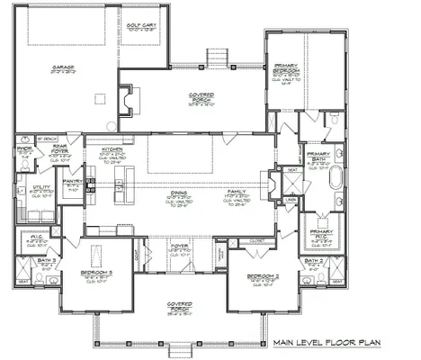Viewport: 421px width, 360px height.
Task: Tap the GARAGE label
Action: click(x=62, y=66)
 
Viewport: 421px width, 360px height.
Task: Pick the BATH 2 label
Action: click(x=314, y=261)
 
